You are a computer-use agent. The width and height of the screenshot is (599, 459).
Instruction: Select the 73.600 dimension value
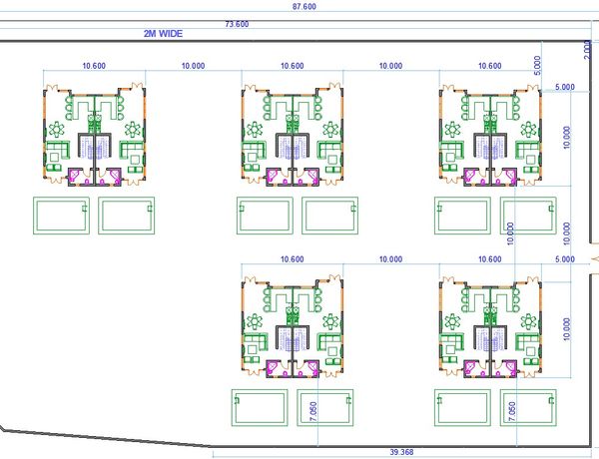[237, 24]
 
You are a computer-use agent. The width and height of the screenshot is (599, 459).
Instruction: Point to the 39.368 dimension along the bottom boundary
[399, 453]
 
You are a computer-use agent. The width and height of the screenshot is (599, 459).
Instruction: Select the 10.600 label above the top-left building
[94, 66]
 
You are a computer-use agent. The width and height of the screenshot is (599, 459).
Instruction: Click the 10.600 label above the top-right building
[489, 66]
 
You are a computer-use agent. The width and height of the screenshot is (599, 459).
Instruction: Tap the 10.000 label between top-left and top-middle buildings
[193, 66]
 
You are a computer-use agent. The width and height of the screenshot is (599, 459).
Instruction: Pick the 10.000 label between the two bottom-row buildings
[390, 259]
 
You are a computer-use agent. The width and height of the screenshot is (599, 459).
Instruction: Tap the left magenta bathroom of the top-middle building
[277, 177]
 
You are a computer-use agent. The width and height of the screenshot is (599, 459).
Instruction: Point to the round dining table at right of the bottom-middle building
[330, 320]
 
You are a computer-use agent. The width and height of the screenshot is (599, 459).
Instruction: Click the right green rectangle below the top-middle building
[328, 215]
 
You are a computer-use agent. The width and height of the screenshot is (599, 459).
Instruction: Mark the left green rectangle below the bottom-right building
[461, 407]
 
